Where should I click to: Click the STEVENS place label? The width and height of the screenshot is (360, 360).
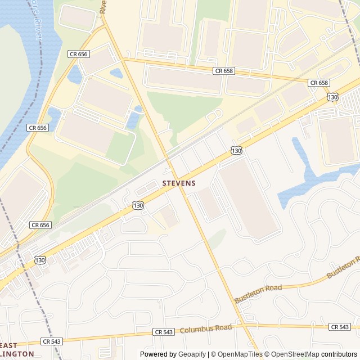[179, 183]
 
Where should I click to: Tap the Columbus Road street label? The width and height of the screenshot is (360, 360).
[206, 328]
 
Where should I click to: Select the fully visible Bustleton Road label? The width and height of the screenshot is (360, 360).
[258, 292]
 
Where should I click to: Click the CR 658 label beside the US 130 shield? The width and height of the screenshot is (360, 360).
[319, 83]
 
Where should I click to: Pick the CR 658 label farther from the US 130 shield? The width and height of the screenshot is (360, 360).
[224, 71]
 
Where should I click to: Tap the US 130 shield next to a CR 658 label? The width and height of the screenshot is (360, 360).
[332, 97]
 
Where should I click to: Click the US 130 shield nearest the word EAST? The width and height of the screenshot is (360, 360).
[39, 260]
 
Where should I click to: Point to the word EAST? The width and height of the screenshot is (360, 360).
[8, 345]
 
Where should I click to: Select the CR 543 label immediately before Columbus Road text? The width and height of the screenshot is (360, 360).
[164, 332]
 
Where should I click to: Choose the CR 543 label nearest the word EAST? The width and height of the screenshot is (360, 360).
[52, 341]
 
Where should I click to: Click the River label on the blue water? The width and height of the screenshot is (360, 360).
[37, 25]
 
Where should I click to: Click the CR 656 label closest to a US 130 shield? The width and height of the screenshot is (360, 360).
[40, 224]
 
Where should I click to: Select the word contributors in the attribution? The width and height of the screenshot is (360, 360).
[339, 354]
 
